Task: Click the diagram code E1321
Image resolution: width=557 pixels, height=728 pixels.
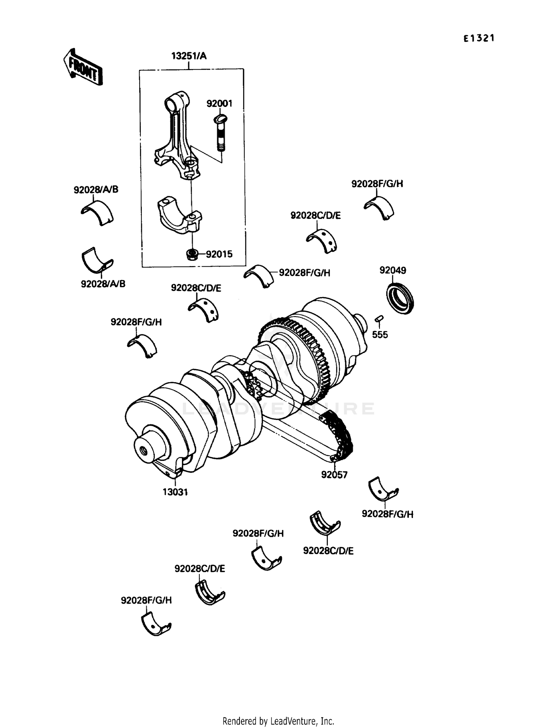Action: click(479, 38)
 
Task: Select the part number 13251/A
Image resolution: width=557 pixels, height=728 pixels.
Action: click(189, 56)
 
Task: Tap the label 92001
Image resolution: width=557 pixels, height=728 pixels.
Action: click(219, 104)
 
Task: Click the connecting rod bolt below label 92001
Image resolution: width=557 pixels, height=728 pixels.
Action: click(220, 134)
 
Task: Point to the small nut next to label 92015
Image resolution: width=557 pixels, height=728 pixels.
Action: click(191, 255)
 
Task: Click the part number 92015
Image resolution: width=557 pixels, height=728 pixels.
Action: click(219, 254)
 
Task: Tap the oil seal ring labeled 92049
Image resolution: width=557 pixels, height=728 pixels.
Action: click(400, 298)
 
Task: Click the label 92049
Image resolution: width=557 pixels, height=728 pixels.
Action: click(392, 270)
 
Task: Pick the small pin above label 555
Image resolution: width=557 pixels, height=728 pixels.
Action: click(379, 318)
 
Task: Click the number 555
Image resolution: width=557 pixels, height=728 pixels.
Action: click(380, 335)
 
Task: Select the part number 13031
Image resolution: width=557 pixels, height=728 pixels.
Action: click(175, 492)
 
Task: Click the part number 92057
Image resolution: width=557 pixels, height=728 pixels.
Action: click(334, 475)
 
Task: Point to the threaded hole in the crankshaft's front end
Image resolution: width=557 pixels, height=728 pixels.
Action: click(143, 451)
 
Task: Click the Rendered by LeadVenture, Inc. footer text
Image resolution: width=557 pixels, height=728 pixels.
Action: click(278, 721)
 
